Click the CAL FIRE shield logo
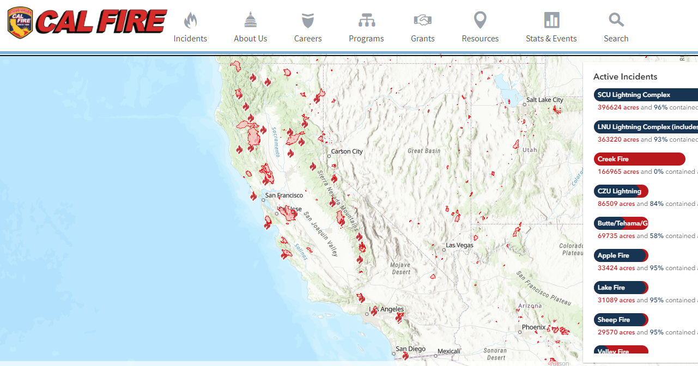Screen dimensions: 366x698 tap(20, 23)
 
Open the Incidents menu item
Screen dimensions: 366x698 tap(190, 28)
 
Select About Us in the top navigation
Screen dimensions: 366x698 tap(250, 28)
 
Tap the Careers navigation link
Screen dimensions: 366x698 tap(308, 28)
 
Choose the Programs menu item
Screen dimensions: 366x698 tap(366, 28)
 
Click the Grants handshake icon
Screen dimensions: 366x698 tap(422, 21)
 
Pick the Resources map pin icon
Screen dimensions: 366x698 tap(480, 21)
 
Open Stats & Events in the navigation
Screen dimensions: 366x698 tap(551, 28)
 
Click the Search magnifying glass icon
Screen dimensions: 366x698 tap(616, 21)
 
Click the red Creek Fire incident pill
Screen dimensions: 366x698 tap(639, 159)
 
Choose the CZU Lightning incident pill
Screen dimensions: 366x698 tap(621, 191)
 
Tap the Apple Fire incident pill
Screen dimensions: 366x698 tap(621, 255)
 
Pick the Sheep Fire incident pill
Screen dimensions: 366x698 tap(621, 320)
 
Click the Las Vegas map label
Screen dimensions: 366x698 tap(459, 245)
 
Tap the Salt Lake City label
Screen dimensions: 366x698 tap(544, 100)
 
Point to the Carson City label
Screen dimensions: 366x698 tap(347, 151)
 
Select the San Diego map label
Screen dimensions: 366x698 tap(410, 349)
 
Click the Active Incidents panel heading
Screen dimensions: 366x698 tap(625, 77)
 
